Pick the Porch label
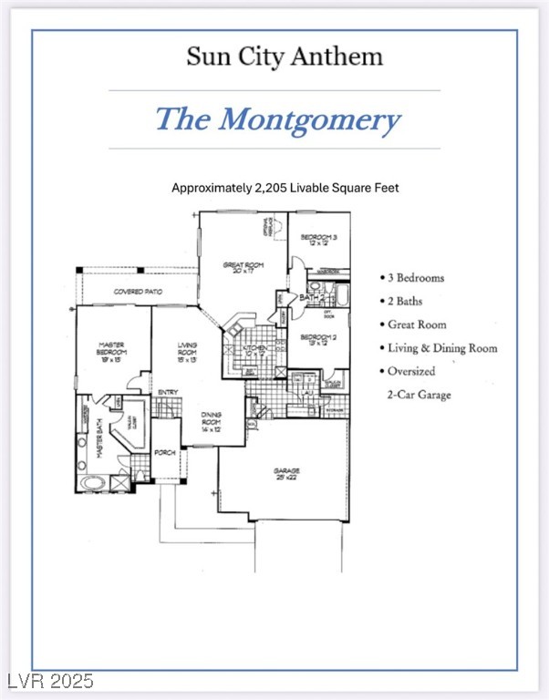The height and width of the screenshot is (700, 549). tap(164, 452)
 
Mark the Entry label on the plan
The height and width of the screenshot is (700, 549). tap(167, 393)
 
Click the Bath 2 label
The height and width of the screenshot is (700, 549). tap(313, 297)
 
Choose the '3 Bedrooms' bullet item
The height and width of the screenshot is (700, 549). tap(411, 277)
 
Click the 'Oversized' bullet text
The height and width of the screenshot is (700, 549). tap(409, 372)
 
